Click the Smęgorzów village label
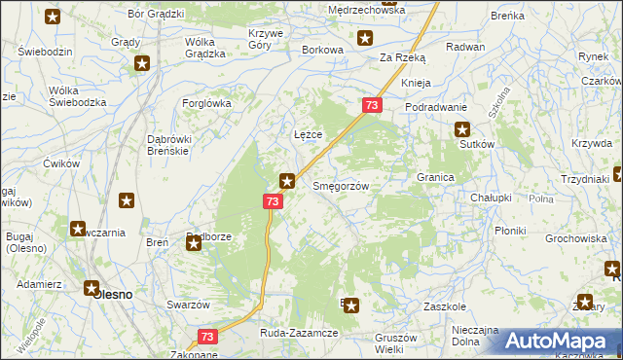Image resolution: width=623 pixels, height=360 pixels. click(x=339, y=185)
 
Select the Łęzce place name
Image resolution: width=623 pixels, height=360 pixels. click(x=308, y=133)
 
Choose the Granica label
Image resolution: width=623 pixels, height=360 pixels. click(x=436, y=178)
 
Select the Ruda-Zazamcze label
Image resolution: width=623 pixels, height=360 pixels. click(x=298, y=333)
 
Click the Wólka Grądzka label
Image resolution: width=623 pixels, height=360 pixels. click(x=213, y=48)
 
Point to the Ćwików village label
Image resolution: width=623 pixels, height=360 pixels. click(x=60, y=163)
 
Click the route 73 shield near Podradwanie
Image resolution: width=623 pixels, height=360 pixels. click(x=372, y=104)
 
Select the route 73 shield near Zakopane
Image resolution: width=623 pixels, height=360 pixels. click(x=206, y=336)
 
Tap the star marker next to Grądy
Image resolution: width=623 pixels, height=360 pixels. click(x=142, y=64)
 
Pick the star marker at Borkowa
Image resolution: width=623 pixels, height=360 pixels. click(x=365, y=39)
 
